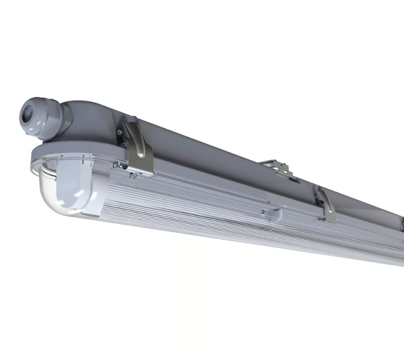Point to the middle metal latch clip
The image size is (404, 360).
(x=326, y=205)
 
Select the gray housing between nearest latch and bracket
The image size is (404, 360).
(x=206, y=150)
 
